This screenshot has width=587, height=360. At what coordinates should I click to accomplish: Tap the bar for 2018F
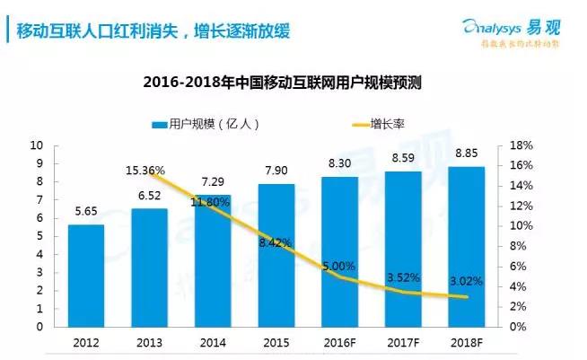[466, 246]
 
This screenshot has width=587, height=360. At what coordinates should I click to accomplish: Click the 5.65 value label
[84, 212]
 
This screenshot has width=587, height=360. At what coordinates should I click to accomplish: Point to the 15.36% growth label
[146, 171]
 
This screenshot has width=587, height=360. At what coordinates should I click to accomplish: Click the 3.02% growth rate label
[466, 281]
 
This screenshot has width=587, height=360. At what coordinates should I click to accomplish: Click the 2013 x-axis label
[148, 342]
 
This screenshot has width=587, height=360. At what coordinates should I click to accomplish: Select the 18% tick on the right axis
[521, 145]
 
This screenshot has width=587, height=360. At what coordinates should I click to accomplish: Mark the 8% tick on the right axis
[519, 246]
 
